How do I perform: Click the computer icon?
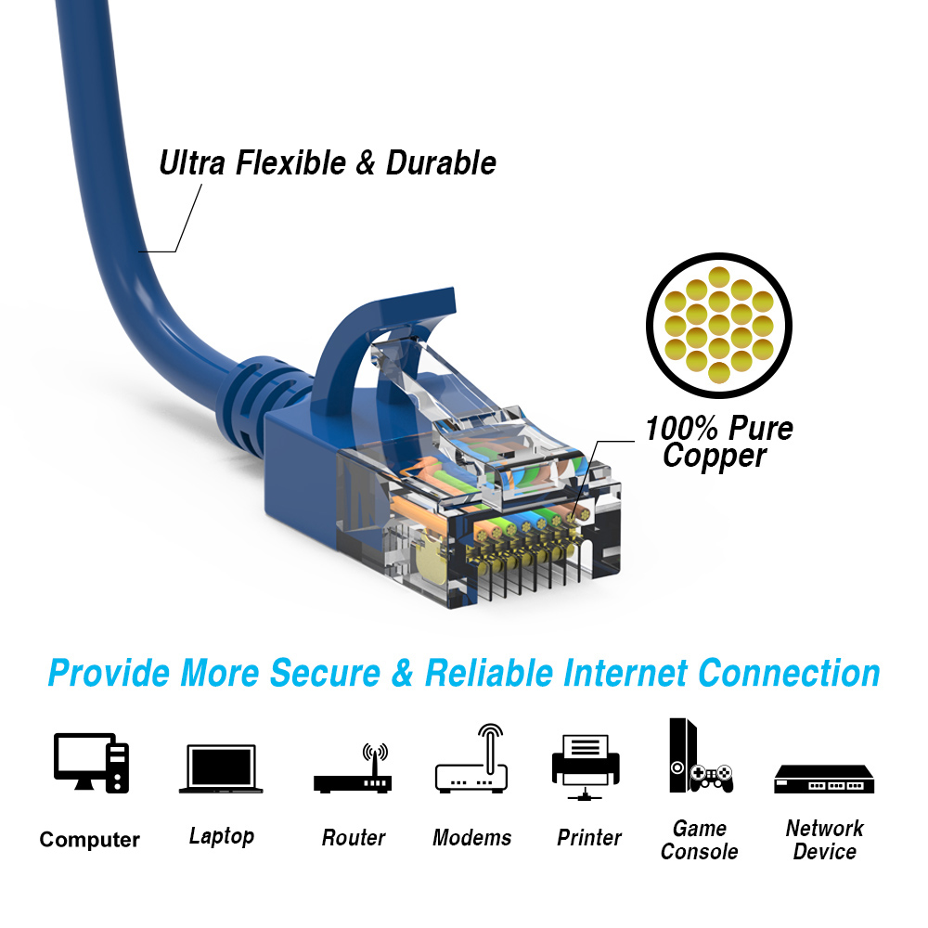coord(91,762)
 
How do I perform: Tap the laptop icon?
coord(221,768)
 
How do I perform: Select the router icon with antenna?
coord(353,769)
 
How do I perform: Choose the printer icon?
coord(586,766)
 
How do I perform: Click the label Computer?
coord(89,840)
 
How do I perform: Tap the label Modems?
coord(471,838)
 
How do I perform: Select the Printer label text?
coord(588,838)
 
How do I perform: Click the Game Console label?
coord(700,840)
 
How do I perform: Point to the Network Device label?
coord(824,840)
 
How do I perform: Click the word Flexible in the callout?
coord(278,163)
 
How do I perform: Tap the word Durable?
coord(441,163)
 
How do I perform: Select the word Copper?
coord(715,456)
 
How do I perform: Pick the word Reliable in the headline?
coord(483,673)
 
